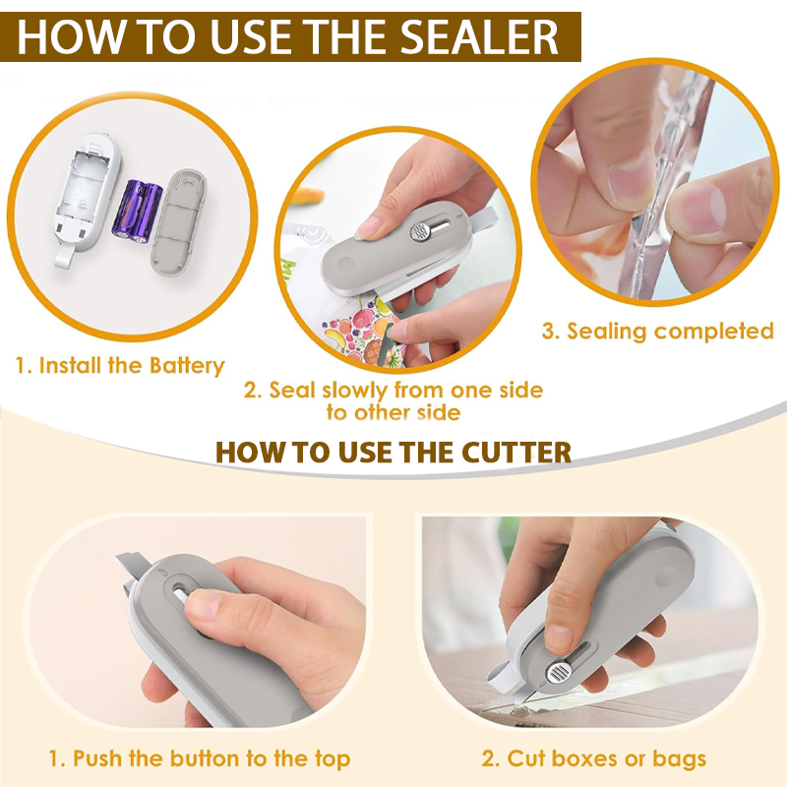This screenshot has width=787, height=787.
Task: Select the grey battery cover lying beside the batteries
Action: [179, 222]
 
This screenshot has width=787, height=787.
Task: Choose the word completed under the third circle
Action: [714, 332]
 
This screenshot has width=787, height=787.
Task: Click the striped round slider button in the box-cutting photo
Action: [557, 673]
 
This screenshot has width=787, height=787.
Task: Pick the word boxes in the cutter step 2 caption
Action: [586, 757]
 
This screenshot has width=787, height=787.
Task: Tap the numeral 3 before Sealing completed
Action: [549, 332]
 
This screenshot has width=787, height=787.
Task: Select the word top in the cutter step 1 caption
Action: [333, 759]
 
